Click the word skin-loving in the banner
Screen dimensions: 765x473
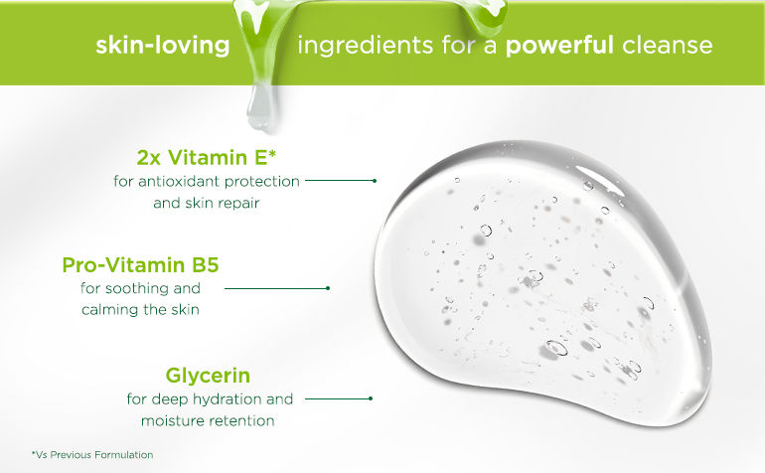[163, 46]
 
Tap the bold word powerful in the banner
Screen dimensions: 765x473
[559, 46]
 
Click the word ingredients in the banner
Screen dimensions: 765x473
[365, 46]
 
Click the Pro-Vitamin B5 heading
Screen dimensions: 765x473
[140, 265]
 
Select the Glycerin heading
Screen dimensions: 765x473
[208, 376]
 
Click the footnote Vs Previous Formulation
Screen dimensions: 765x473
[92, 455]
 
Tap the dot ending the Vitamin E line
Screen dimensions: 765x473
[375, 181]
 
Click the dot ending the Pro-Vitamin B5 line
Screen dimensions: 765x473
[328, 288]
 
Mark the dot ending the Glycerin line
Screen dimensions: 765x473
[371, 398]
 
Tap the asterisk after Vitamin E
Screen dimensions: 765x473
[272, 153]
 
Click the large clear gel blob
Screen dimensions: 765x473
[541, 283]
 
